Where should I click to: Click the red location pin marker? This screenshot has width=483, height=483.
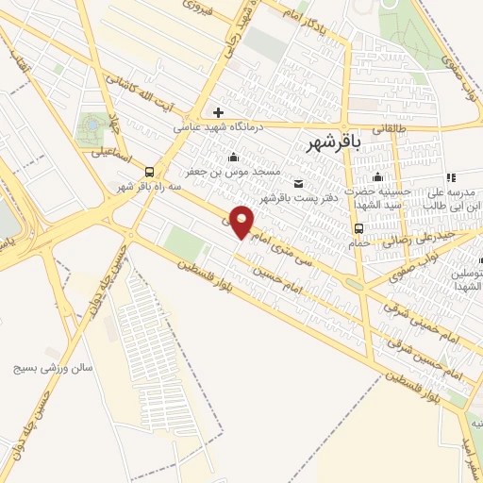click(x=242, y=221)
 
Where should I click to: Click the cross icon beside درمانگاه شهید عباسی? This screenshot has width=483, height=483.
click(x=218, y=113)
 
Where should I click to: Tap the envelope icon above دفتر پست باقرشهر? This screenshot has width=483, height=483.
click(x=299, y=183)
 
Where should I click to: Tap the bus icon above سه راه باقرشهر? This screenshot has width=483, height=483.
click(x=150, y=171)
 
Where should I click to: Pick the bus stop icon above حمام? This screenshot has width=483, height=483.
click(x=358, y=228)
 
